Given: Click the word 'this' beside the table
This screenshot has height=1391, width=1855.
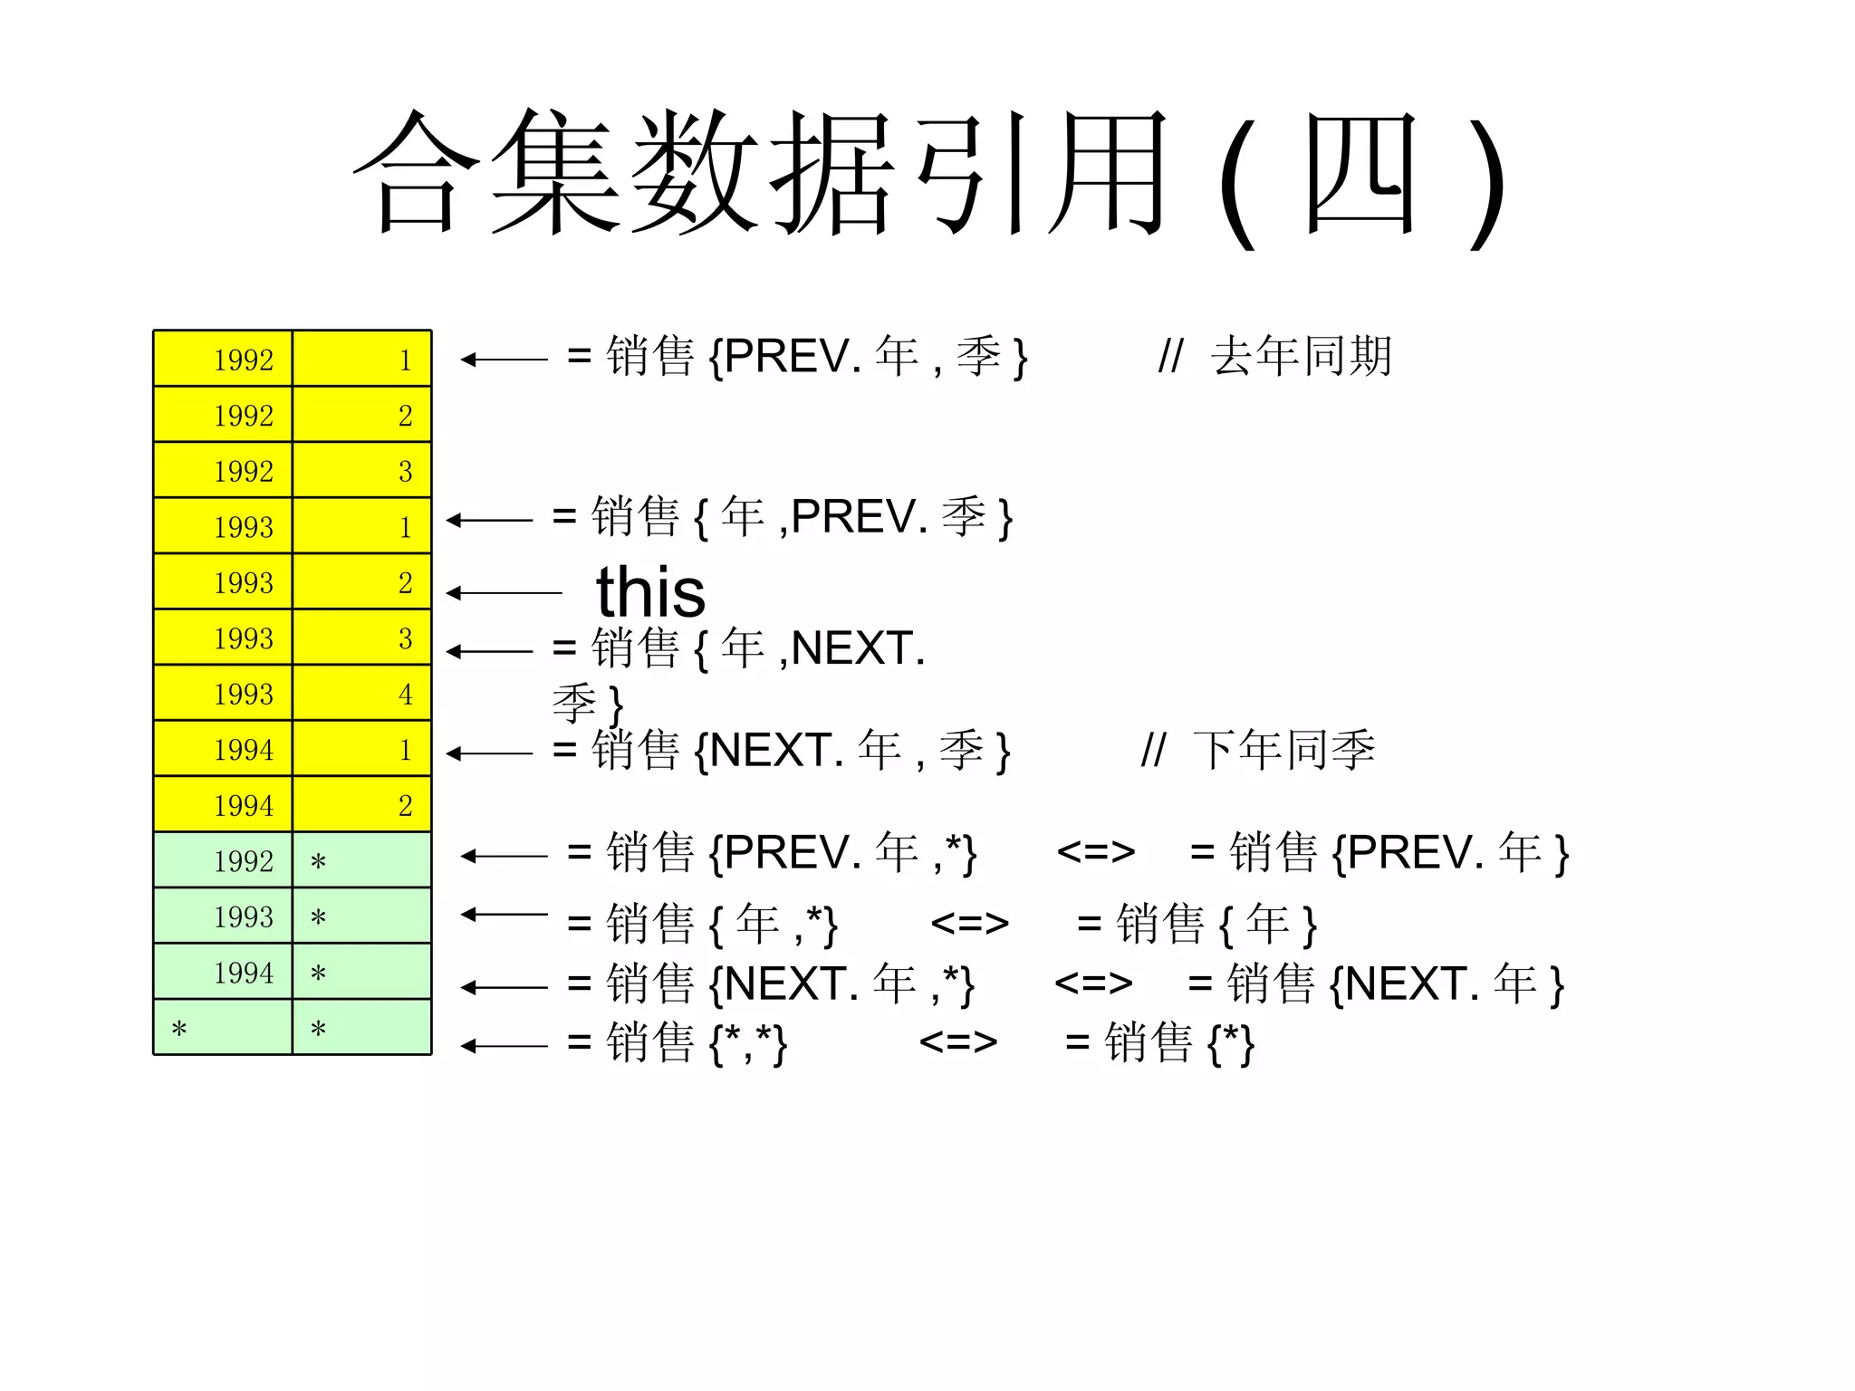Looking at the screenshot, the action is click(x=650, y=592).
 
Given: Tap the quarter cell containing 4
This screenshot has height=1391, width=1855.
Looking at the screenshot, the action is click(x=362, y=695).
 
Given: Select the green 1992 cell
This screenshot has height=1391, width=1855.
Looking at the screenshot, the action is click(x=223, y=860).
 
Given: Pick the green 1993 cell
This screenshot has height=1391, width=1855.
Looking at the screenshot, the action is click(x=223, y=916).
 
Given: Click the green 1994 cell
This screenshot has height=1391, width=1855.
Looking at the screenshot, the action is click(x=223, y=973).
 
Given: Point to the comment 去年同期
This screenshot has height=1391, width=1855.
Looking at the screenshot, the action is click(x=1300, y=356).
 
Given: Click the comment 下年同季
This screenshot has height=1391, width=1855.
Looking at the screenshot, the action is click(x=1283, y=750).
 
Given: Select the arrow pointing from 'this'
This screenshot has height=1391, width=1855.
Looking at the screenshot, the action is click(x=504, y=593).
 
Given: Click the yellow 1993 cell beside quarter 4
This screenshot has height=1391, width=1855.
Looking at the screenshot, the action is click(x=223, y=695).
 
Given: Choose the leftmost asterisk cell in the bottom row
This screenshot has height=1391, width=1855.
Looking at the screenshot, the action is click(x=223, y=1028).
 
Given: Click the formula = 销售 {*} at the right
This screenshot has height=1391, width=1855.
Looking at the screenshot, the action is click(x=1159, y=1042).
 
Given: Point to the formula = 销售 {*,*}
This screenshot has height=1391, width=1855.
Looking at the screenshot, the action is click(x=677, y=1042).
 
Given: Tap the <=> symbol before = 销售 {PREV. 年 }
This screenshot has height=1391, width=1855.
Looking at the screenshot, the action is click(x=1095, y=852).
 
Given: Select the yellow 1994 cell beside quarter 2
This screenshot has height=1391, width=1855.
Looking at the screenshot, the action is click(x=223, y=805).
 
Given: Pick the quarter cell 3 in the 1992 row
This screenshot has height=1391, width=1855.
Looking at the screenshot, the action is click(x=362, y=471).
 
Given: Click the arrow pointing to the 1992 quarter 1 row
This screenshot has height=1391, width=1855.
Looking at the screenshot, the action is click(x=504, y=360).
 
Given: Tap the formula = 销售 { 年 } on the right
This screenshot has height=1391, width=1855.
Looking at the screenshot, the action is click(x=1196, y=924).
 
